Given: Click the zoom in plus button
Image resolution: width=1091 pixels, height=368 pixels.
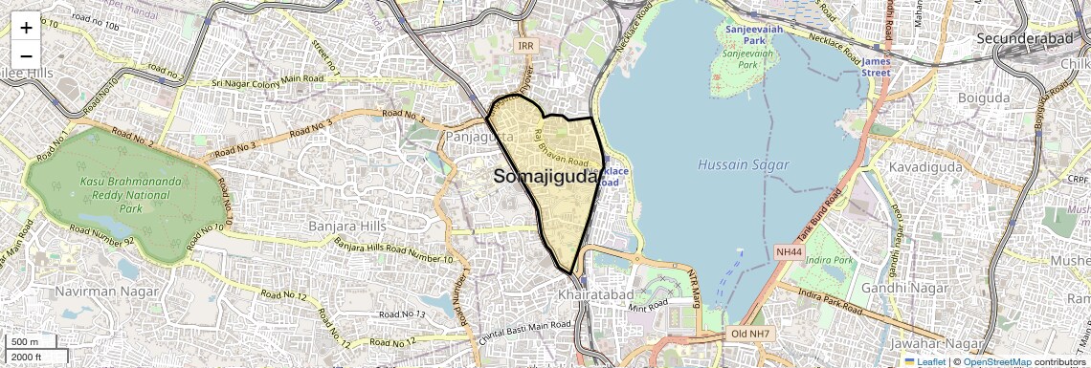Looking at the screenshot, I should tap(26, 28).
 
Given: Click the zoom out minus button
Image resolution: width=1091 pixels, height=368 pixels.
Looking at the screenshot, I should tap(26, 56).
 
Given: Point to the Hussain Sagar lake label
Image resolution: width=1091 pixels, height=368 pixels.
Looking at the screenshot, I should tap(744, 164).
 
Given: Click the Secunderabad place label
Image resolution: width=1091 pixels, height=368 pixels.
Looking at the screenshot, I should tap(1029, 38).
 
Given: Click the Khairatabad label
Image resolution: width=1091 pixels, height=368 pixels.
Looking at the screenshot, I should tap(590, 296).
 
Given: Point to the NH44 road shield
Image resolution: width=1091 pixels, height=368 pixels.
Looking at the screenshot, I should tap(789, 251).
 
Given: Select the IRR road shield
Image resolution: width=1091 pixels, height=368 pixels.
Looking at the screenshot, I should tap(525, 46).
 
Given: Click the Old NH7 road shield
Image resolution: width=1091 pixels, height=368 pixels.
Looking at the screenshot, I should tap(749, 334).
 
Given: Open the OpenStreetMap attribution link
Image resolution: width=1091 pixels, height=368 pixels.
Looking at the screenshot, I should tap(996, 361).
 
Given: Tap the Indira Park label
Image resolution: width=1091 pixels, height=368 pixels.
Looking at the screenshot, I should tap(829, 260).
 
